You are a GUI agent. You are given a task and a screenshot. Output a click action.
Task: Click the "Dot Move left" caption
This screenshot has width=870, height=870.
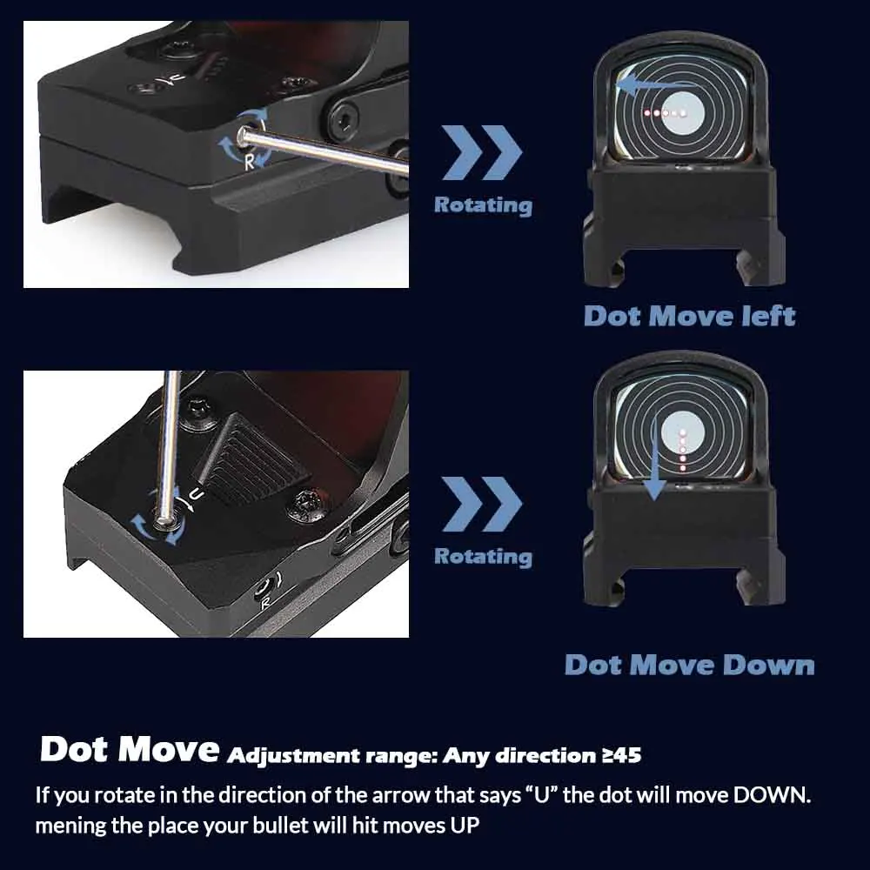click(689, 315)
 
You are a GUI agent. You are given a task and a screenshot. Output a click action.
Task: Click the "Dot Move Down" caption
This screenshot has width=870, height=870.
click(689, 666)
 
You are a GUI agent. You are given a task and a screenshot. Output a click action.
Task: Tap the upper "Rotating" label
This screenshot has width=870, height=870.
click(483, 205)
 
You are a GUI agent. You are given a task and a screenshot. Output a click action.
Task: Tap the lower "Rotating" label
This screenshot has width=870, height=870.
click(483, 556)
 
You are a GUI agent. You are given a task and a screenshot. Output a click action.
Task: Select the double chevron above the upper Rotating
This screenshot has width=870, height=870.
click(482, 152)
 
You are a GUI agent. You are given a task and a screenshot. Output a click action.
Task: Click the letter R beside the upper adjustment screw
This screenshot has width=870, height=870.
click(250, 162)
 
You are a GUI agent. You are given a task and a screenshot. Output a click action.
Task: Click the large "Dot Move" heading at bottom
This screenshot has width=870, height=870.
click(129, 750)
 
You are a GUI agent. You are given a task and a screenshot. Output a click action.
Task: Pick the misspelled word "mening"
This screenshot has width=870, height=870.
click(70, 825)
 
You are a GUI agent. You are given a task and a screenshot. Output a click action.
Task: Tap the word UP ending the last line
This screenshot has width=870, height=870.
click(463, 825)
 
